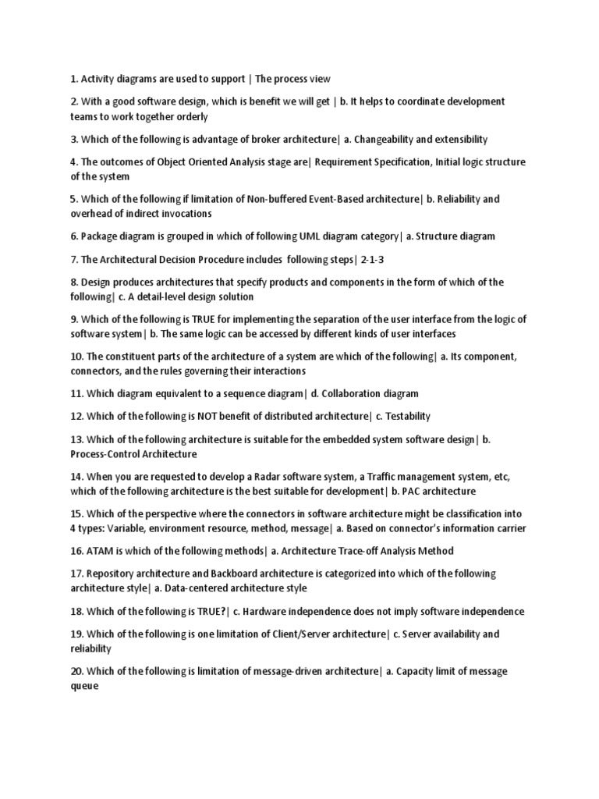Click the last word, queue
click(x=84, y=687)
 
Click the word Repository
click(x=116, y=574)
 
